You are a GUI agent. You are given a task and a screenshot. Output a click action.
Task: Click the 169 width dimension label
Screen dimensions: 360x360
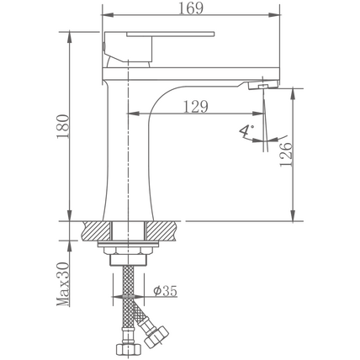[x=191, y=8]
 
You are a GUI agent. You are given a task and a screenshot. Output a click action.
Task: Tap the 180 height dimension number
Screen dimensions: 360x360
[x=63, y=126]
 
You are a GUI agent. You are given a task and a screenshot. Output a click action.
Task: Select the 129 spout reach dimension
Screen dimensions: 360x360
[x=196, y=107]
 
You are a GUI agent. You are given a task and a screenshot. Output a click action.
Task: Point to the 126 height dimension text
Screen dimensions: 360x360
[x=286, y=154]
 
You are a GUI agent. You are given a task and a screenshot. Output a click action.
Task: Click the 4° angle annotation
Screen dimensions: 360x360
[x=246, y=131]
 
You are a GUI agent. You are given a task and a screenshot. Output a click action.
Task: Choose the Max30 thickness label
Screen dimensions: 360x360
[x=63, y=284]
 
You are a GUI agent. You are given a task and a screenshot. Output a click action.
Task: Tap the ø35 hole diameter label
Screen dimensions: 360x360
[x=166, y=291]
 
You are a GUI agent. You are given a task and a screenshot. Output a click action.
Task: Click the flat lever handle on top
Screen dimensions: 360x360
[x=171, y=34]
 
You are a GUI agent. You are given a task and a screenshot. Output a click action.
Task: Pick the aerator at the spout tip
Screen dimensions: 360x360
[x=263, y=85]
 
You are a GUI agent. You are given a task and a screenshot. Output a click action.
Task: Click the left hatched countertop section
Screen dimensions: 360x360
[x=97, y=230]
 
